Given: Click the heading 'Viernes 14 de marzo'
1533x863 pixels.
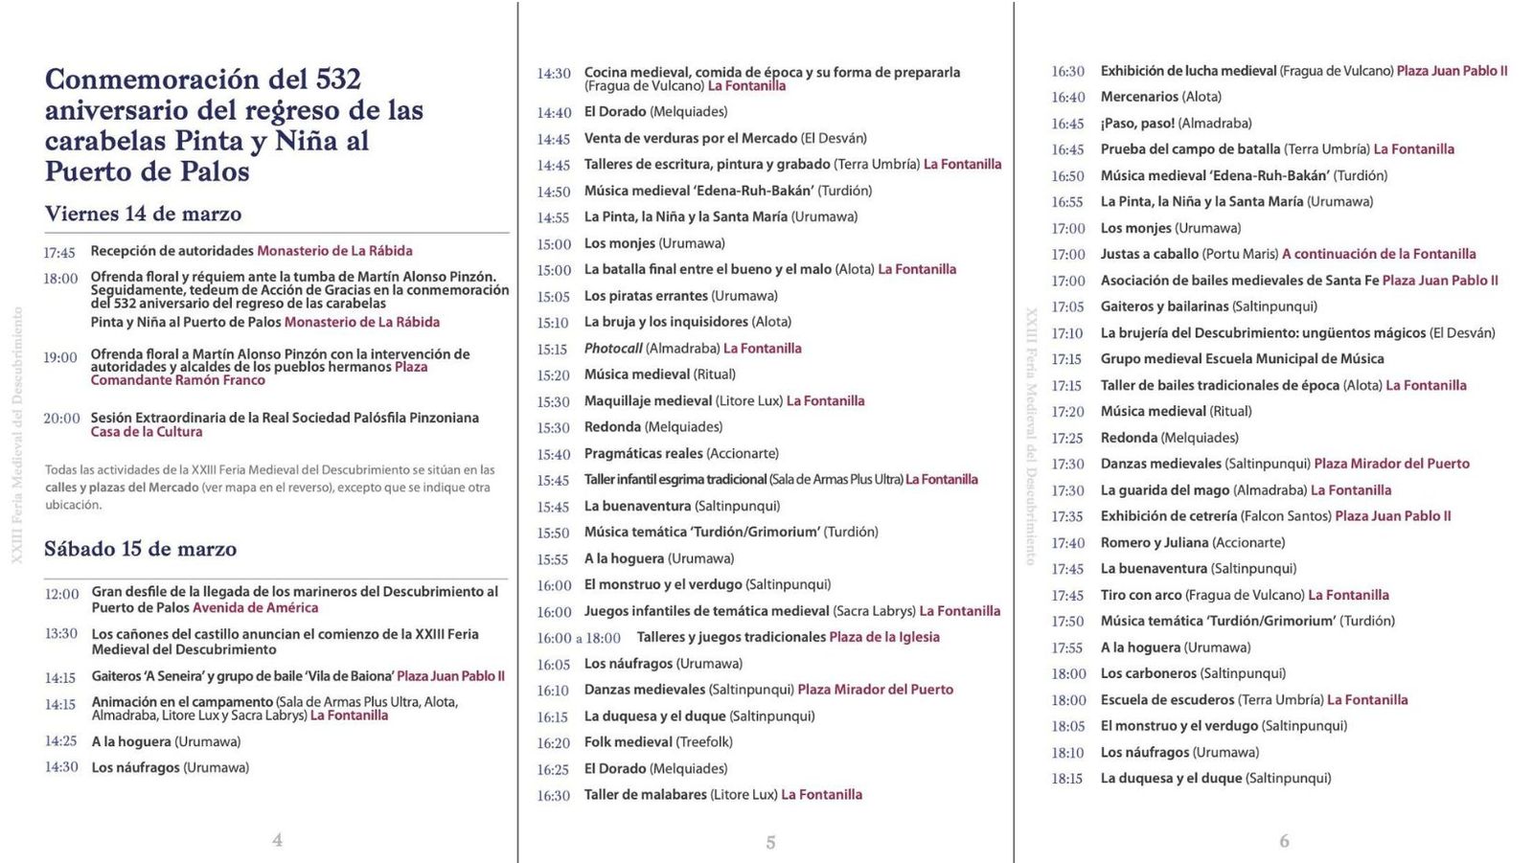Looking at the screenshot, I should coord(143,214).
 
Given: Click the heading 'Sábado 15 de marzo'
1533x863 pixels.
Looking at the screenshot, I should coord(140,549).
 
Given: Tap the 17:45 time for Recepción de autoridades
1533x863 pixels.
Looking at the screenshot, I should coord(58,253).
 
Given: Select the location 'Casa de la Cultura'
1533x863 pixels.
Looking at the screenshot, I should coord(147,432).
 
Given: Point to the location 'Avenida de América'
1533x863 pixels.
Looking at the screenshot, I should coord(255,607).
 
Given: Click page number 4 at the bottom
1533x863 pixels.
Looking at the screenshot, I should coord(277,840).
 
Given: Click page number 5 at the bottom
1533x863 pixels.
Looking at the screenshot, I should coord(770,843).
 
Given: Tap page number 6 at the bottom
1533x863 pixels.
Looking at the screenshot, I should coord(1284,841).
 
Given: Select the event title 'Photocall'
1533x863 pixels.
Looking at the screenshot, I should coord(613,349).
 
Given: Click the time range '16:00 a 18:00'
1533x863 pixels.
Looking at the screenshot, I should coord(579,638).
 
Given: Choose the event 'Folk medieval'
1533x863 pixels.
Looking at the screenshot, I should coord(629,742).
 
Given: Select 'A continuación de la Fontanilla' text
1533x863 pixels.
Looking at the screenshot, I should coord(1379,254).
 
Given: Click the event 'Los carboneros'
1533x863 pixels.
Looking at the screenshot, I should coord(1148,673).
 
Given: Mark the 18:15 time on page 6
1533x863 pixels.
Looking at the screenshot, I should coord(1066,779).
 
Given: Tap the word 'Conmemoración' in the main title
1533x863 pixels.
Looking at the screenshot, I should coord(151,79).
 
